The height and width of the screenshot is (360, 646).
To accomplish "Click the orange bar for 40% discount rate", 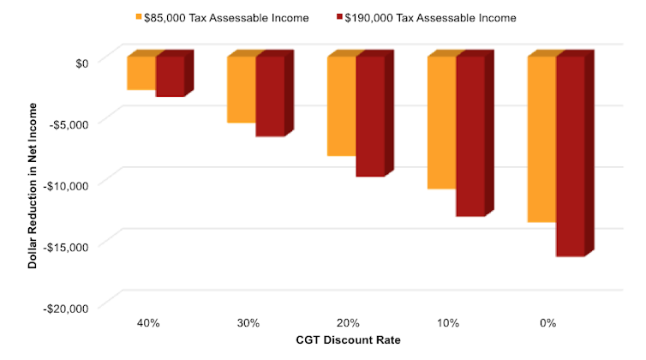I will coord(141,73).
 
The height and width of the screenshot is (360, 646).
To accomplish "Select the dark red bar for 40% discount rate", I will coord(170,75).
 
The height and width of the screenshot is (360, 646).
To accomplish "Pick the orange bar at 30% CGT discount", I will coord(241,89).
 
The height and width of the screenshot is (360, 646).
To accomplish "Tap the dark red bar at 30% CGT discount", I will coord(270,96).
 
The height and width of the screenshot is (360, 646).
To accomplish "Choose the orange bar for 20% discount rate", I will coord(341,105).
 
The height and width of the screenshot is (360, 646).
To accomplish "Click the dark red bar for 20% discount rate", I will coord(370,116).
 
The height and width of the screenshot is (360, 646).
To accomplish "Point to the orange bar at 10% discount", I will coord(441,122).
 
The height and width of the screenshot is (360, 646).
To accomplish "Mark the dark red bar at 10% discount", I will coord(470,135).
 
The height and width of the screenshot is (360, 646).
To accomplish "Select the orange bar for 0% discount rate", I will coord(541,139).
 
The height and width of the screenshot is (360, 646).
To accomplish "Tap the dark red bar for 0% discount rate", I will coord(571,155).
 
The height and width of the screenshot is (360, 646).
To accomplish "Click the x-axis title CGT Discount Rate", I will coord(349,339).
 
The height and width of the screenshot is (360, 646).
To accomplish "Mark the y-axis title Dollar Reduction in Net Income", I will coord(33,184).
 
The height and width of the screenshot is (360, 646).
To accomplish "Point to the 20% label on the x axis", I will coord(348,323).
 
